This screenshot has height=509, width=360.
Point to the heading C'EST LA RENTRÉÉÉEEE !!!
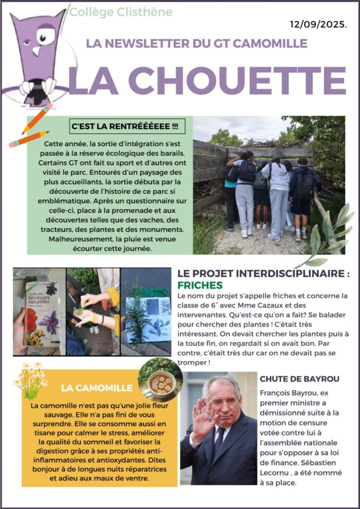pos(125,126)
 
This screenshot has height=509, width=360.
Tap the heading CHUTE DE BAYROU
pos(299,379)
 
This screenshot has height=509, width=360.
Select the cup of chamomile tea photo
pos(160,379)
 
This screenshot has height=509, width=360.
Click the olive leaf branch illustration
pos(329,234)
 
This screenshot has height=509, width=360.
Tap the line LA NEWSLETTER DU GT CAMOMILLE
pos(196,44)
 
